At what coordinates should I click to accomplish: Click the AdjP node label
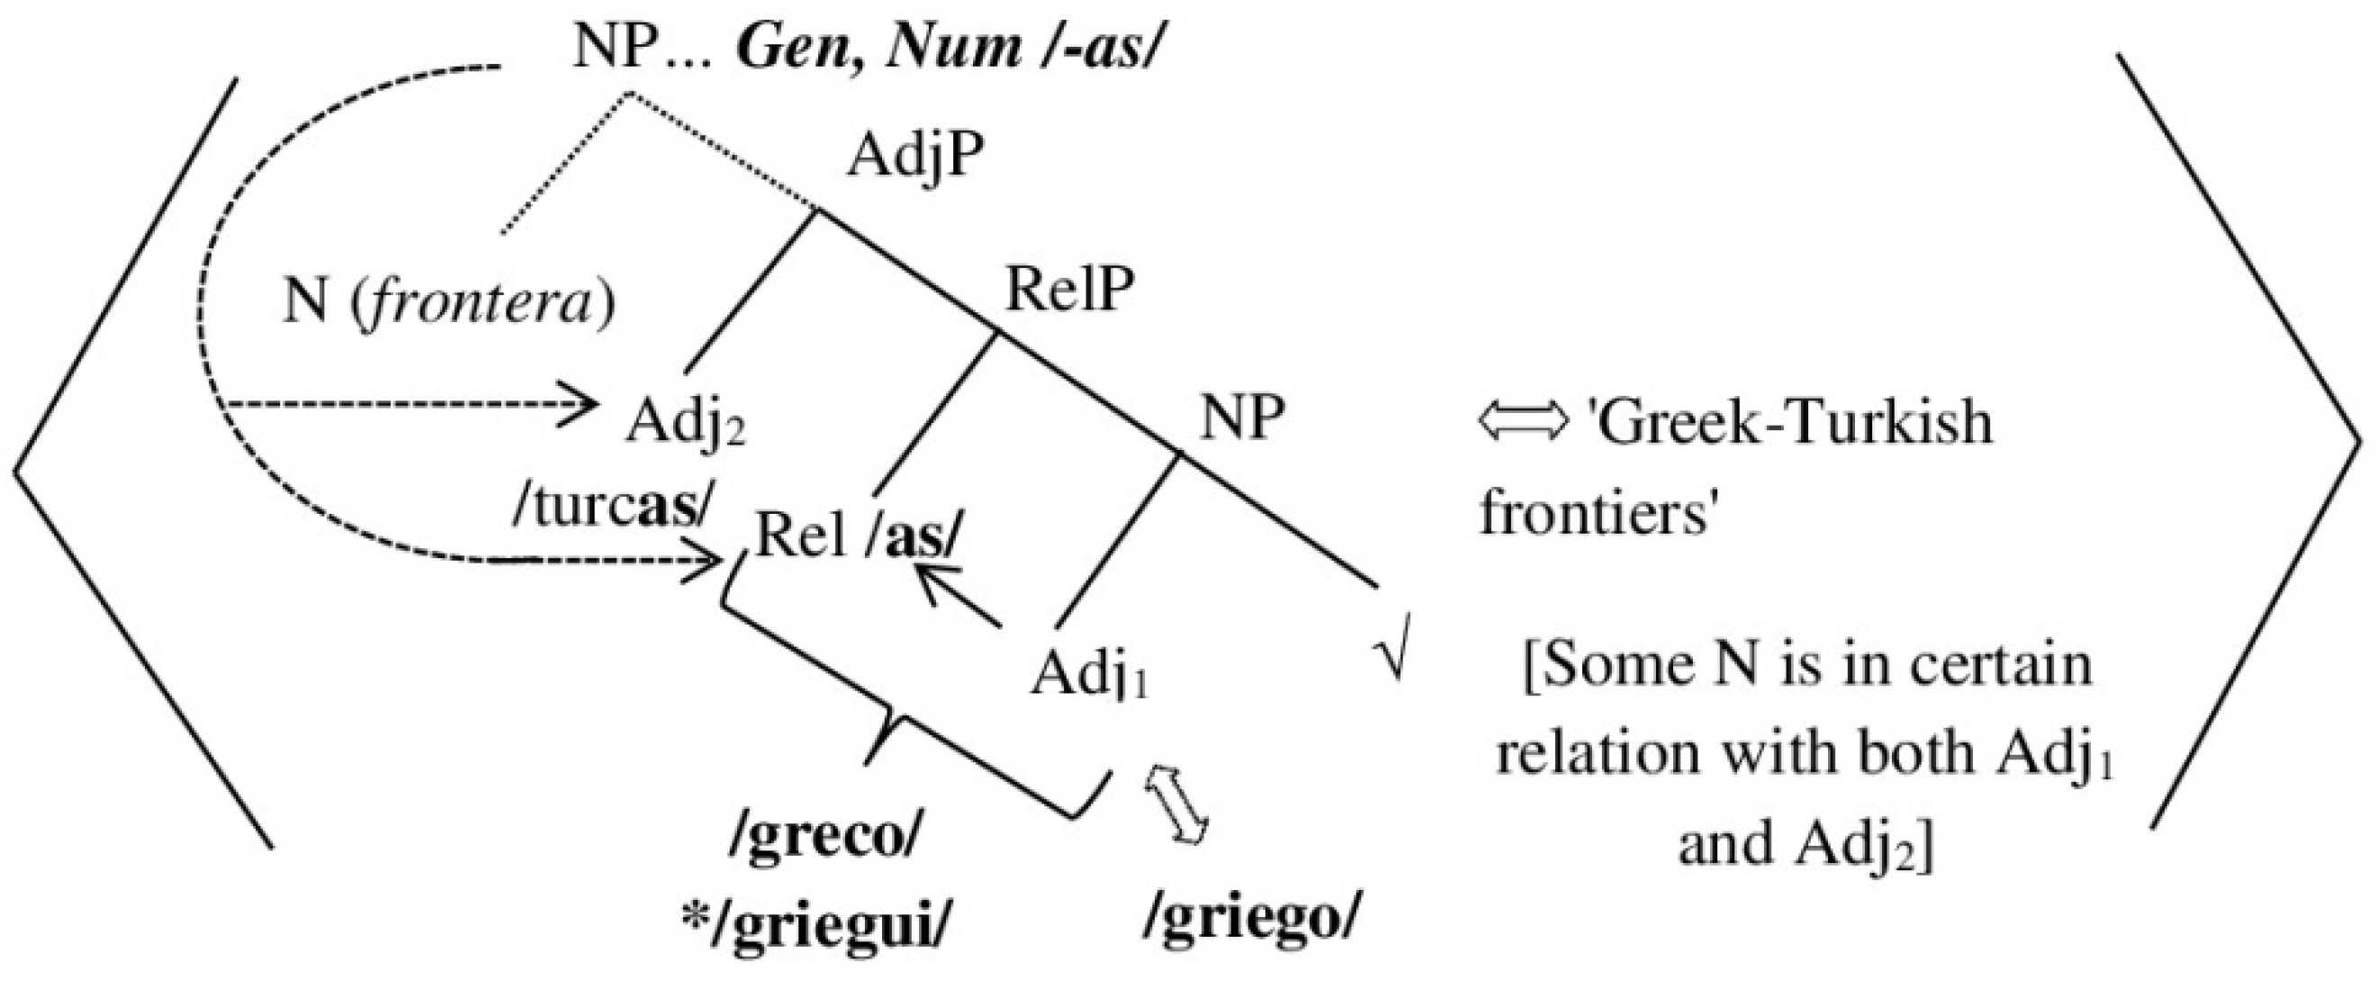tap(914, 157)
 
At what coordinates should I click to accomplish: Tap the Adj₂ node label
tap(685, 424)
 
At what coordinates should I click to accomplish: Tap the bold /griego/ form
tap(1252, 919)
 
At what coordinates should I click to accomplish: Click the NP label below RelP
tap(1241, 417)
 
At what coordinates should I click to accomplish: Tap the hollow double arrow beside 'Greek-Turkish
tap(1523, 422)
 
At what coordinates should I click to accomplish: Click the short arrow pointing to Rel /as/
tap(955, 597)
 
